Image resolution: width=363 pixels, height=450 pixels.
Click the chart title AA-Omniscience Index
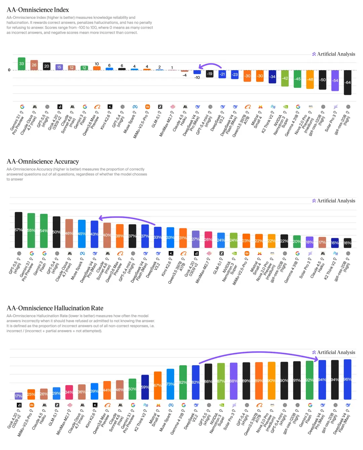point(38,10)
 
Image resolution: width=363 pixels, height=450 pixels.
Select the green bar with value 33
point(22,64)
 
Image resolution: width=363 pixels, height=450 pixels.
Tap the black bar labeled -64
point(348,82)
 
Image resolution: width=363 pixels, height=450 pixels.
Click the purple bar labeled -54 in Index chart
point(335,80)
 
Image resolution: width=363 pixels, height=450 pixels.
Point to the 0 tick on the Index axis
point(9,70)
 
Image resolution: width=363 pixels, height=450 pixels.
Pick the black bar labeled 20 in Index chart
point(47,66)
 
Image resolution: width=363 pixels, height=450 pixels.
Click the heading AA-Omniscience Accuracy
point(43,162)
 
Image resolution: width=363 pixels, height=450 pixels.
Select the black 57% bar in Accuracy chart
point(18,230)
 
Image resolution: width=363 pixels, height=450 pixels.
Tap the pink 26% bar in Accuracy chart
point(208,239)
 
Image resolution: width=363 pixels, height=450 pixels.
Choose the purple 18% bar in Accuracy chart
point(310,242)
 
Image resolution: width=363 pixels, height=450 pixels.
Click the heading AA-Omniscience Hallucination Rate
point(55,308)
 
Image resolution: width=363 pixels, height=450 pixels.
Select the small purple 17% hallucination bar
point(19,396)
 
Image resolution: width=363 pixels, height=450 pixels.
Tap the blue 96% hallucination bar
point(348,379)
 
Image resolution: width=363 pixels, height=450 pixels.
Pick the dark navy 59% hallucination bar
point(145,387)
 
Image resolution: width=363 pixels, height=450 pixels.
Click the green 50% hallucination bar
point(132,389)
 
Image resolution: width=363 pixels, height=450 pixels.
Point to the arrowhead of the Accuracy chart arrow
point(100,218)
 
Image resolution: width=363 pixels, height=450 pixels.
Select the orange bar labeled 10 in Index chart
point(97,68)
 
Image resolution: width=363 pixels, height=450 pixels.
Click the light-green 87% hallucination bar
point(221,381)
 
